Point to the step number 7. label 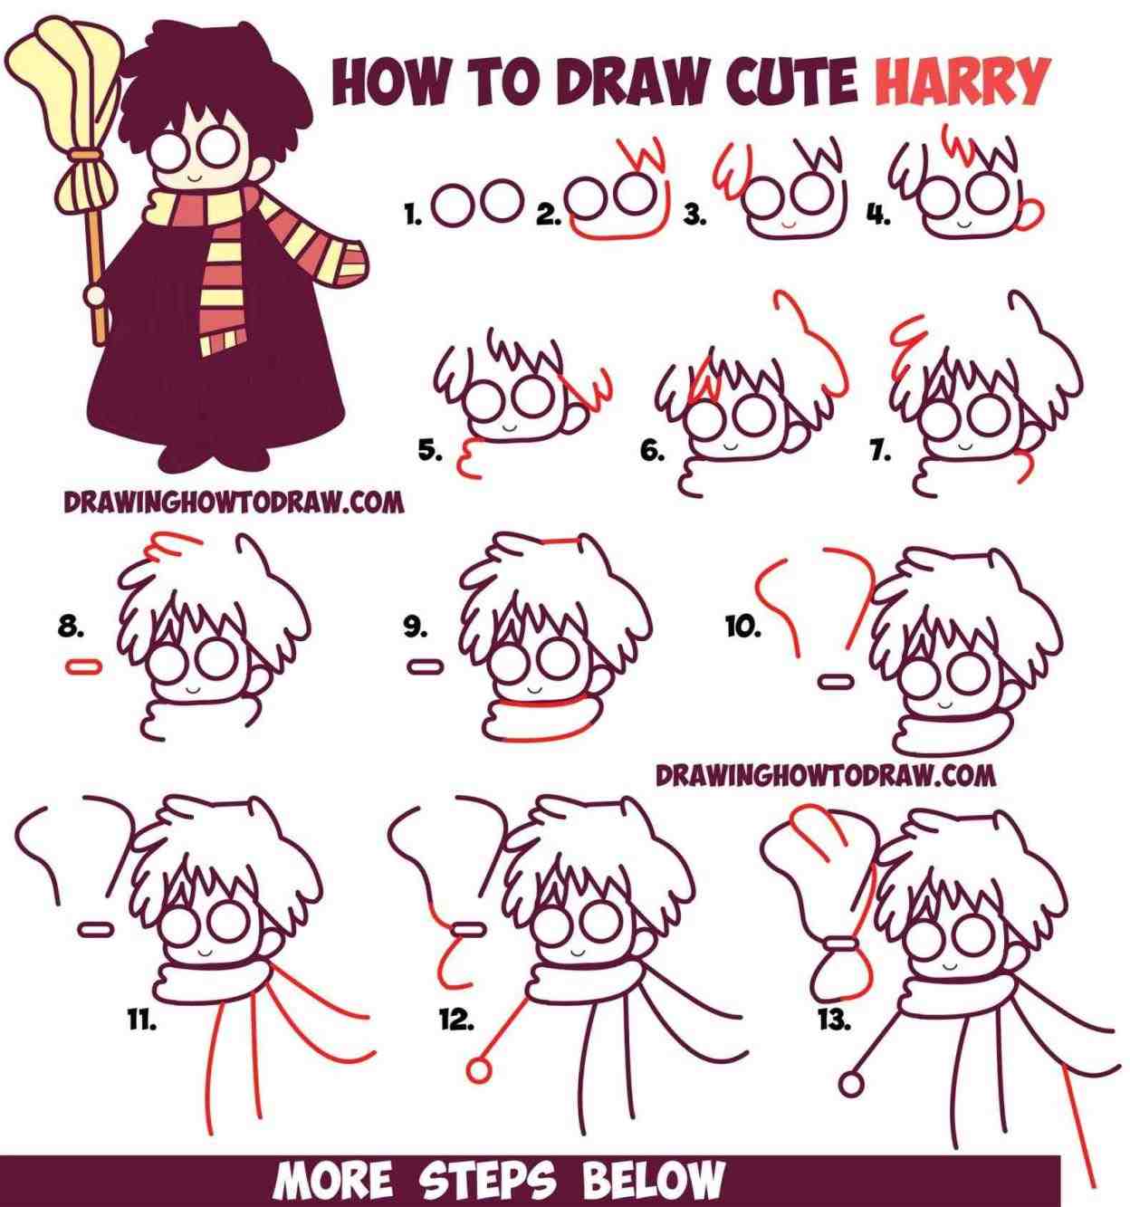[x=879, y=451]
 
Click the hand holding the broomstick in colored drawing [x=94, y=295]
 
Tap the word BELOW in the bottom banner [x=653, y=1182]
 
